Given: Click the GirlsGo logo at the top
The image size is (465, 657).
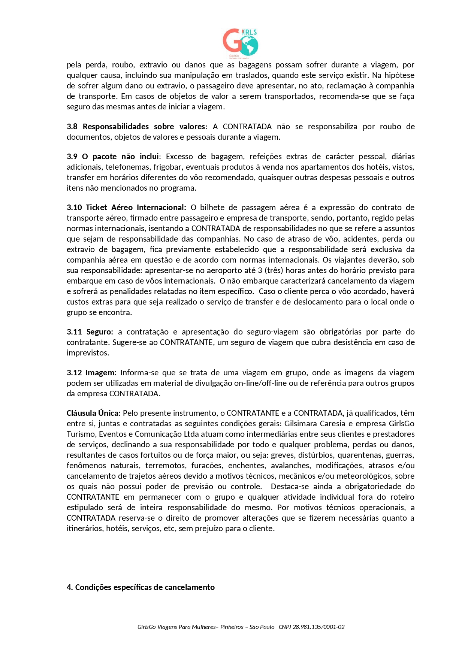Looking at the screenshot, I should (241, 43).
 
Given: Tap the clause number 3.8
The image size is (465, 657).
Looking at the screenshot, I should (72, 127).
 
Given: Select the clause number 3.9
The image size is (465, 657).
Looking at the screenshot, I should (72, 157).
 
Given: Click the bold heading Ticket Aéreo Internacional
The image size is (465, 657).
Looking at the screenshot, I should (136, 208).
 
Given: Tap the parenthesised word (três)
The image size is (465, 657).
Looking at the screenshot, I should (274, 270).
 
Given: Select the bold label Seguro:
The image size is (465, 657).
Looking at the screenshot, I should (100, 332).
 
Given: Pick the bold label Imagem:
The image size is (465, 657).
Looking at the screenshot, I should (101, 373).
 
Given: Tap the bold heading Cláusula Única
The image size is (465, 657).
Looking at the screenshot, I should (93, 413).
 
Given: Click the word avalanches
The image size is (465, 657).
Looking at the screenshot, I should (288, 466).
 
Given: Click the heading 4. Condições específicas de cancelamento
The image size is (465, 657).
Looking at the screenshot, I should (141, 587).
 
